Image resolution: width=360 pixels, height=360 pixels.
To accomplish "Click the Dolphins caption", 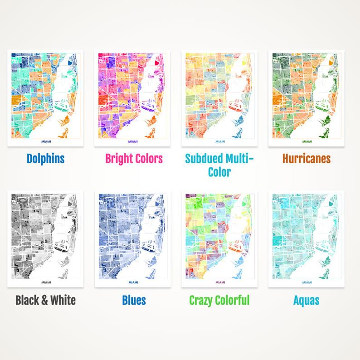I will tap(45, 159).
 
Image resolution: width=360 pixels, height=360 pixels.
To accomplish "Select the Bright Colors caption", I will tap(134, 159).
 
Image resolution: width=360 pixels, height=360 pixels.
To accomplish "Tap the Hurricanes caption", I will tap(306, 159).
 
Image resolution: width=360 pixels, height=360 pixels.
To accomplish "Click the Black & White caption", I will tap(45, 300).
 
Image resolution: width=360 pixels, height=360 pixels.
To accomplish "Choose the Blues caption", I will tap(134, 300).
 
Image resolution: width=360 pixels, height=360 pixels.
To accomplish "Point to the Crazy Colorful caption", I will tap(219, 300).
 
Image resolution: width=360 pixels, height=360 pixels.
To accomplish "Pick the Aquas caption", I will tap(306, 300).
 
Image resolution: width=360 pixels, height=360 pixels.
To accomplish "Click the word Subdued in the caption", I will tap(204, 159).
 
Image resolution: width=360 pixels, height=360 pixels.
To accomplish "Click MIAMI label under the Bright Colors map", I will tap(133, 141).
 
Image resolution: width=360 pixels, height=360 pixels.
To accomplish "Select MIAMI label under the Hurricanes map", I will tap(307, 141).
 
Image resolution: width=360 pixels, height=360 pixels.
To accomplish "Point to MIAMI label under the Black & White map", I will tap(46, 282).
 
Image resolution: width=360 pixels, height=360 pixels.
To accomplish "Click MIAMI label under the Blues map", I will tap(133, 282).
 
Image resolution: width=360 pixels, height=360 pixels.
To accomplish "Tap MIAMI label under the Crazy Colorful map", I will tap(220, 282).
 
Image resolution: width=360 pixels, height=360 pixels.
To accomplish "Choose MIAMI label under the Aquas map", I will tap(307, 282).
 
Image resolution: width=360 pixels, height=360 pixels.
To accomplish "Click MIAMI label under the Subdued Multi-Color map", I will tap(220, 141).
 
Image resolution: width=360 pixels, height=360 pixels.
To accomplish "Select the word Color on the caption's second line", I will tap(219, 172).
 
